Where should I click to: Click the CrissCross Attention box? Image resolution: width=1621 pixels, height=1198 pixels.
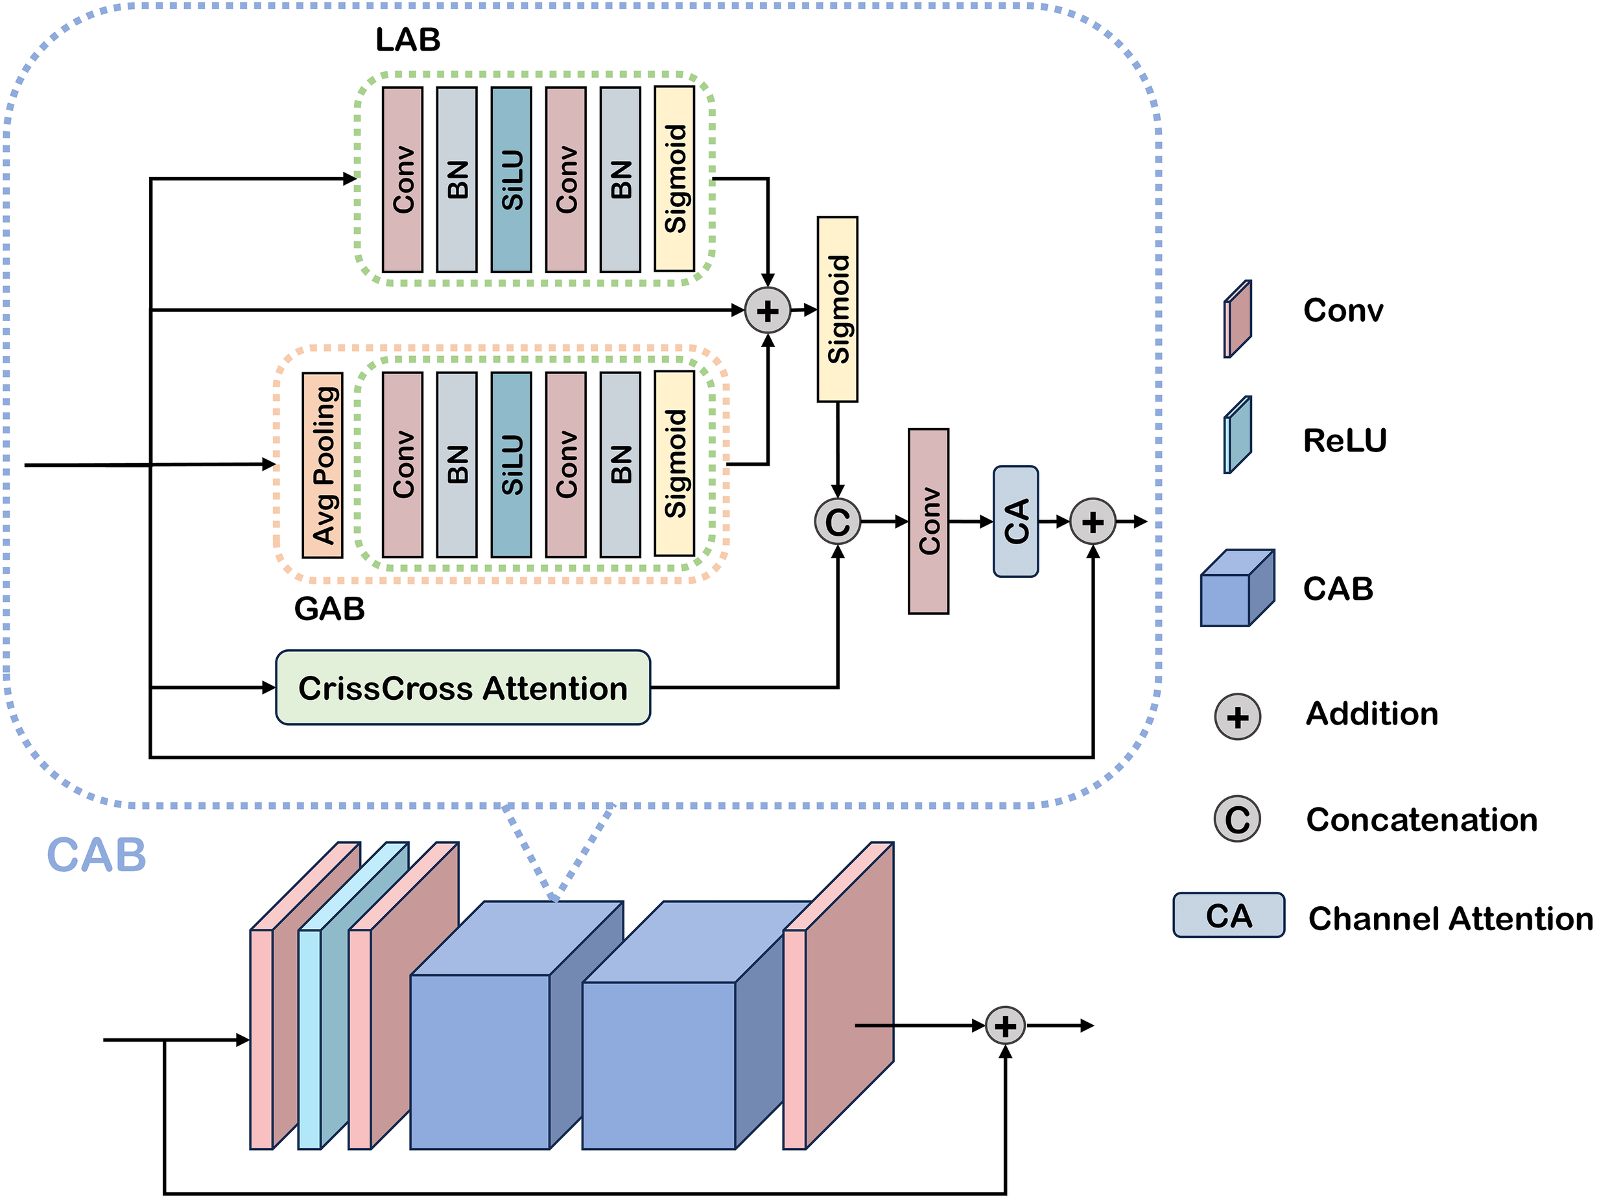click(x=462, y=688)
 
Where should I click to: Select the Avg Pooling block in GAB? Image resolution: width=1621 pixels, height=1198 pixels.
click(x=323, y=465)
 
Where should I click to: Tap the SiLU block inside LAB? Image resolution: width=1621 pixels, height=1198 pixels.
click(x=511, y=180)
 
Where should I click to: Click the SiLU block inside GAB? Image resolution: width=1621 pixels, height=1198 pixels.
click(x=511, y=465)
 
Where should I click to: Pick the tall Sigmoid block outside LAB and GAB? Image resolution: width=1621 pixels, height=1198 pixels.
click(x=837, y=309)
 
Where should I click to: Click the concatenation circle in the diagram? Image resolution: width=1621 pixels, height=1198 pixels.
click(x=837, y=521)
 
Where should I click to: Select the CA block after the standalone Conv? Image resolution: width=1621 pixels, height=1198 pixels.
click(x=1015, y=521)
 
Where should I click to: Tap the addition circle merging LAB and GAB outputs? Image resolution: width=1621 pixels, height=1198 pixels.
click(x=768, y=311)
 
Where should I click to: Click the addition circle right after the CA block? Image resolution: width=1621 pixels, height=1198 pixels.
click(x=1093, y=521)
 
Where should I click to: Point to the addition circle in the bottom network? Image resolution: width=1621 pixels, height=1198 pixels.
click(x=1006, y=1026)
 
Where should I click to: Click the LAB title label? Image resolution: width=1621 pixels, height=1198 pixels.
click(x=407, y=40)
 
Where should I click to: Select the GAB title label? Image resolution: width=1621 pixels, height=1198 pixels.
click(x=329, y=608)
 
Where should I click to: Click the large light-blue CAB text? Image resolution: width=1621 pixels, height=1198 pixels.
click(x=97, y=855)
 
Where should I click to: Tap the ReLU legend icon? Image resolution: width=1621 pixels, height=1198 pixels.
click(x=1238, y=435)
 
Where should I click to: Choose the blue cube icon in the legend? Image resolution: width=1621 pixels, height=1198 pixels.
click(x=1236, y=588)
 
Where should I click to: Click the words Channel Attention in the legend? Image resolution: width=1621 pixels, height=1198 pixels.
click(x=1450, y=919)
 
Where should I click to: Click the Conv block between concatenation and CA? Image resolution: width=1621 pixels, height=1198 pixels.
click(x=929, y=521)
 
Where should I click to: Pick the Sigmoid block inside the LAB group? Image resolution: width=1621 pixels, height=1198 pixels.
click(x=674, y=179)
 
